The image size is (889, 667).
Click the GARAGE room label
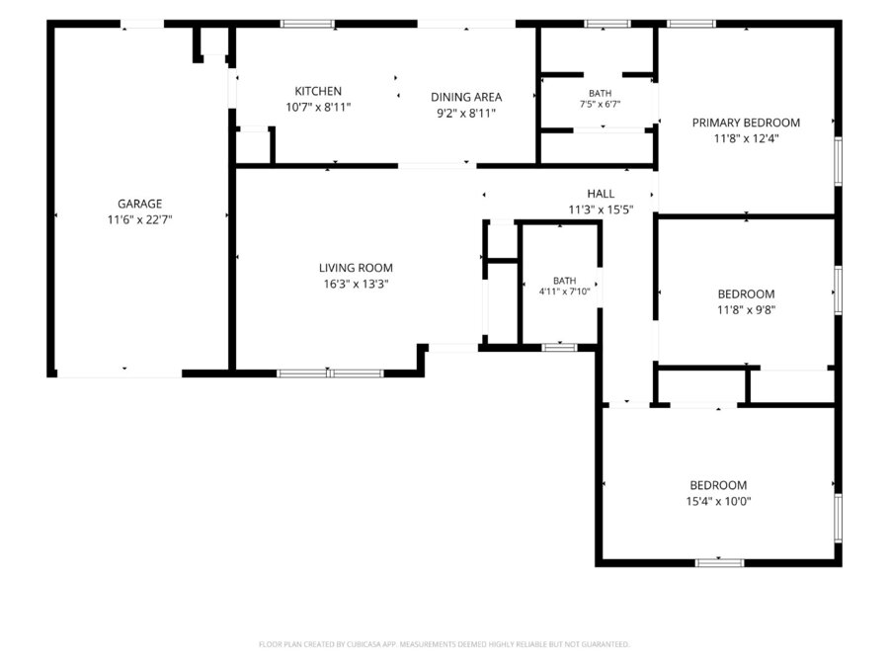[139, 204]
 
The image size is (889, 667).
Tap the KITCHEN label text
[318, 91]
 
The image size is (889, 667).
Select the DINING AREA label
[466, 97]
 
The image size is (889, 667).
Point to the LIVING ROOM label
[356, 268]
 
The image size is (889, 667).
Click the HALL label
[601, 194]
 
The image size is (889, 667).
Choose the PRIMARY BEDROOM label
[746, 123]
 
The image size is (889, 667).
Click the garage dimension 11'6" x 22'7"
[139, 219]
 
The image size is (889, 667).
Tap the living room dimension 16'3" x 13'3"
[356, 284]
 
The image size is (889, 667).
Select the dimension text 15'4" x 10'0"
[718, 501]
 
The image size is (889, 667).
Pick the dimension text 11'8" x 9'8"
[746, 309]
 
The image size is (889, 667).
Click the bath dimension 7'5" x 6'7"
[600, 105]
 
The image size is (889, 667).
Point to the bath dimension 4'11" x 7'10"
[564, 292]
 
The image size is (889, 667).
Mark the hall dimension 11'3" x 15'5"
[601, 209]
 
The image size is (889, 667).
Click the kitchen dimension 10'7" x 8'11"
[318, 107]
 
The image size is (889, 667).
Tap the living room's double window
[330, 374]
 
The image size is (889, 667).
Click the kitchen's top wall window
[308, 24]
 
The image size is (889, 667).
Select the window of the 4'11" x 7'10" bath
[560, 347]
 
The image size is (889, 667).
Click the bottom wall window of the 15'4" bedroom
[719, 562]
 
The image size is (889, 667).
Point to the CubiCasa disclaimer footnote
[444, 644]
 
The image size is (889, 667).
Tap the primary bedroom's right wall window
[838, 161]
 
